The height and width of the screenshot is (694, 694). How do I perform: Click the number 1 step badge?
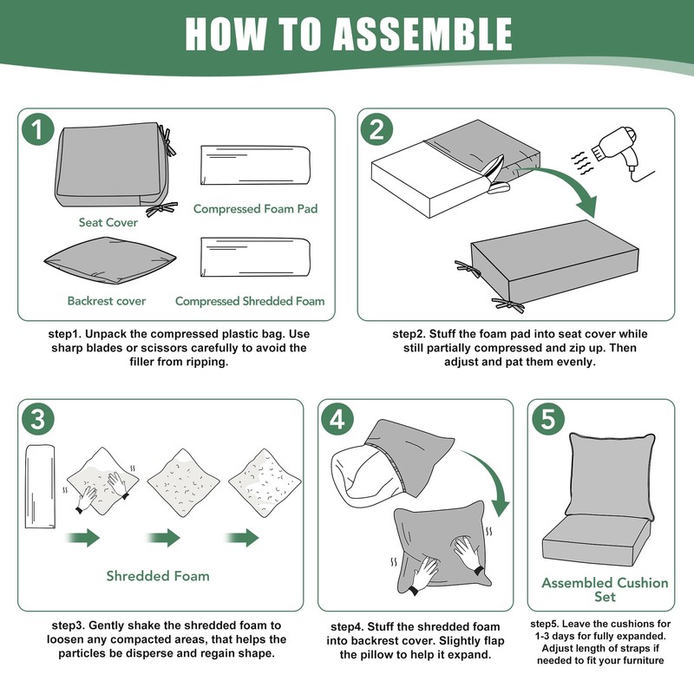click(36, 131)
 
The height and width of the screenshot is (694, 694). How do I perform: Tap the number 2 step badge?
click(376, 131)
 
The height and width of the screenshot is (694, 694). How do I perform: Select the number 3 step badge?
click(36, 421)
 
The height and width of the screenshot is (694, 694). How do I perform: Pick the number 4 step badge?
click(337, 421)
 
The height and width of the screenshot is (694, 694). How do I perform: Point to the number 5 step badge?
click(547, 421)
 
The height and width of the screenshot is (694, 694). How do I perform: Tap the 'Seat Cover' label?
click(108, 223)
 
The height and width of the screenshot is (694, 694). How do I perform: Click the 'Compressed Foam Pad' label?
click(256, 209)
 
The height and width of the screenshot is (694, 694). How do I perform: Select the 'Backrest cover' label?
click(107, 301)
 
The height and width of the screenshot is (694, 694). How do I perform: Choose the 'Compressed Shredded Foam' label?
click(250, 301)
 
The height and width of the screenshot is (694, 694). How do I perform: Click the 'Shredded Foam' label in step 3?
click(158, 575)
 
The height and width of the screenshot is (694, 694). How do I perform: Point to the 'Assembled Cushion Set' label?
click(605, 589)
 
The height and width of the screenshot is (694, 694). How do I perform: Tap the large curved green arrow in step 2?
click(564, 187)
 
